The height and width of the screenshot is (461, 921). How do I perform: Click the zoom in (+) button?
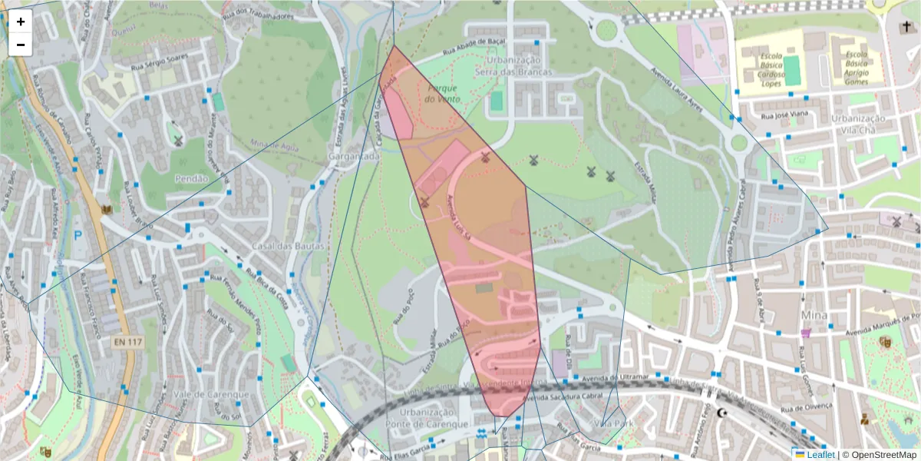click(21, 22)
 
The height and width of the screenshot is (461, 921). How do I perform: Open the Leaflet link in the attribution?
click(820, 454)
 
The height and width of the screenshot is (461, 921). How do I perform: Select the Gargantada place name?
click(354, 156)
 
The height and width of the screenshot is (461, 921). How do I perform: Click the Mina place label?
click(814, 315)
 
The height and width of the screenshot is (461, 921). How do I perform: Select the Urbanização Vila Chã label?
click(858, 124)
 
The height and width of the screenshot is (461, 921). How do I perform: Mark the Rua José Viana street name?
click(784, 115)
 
